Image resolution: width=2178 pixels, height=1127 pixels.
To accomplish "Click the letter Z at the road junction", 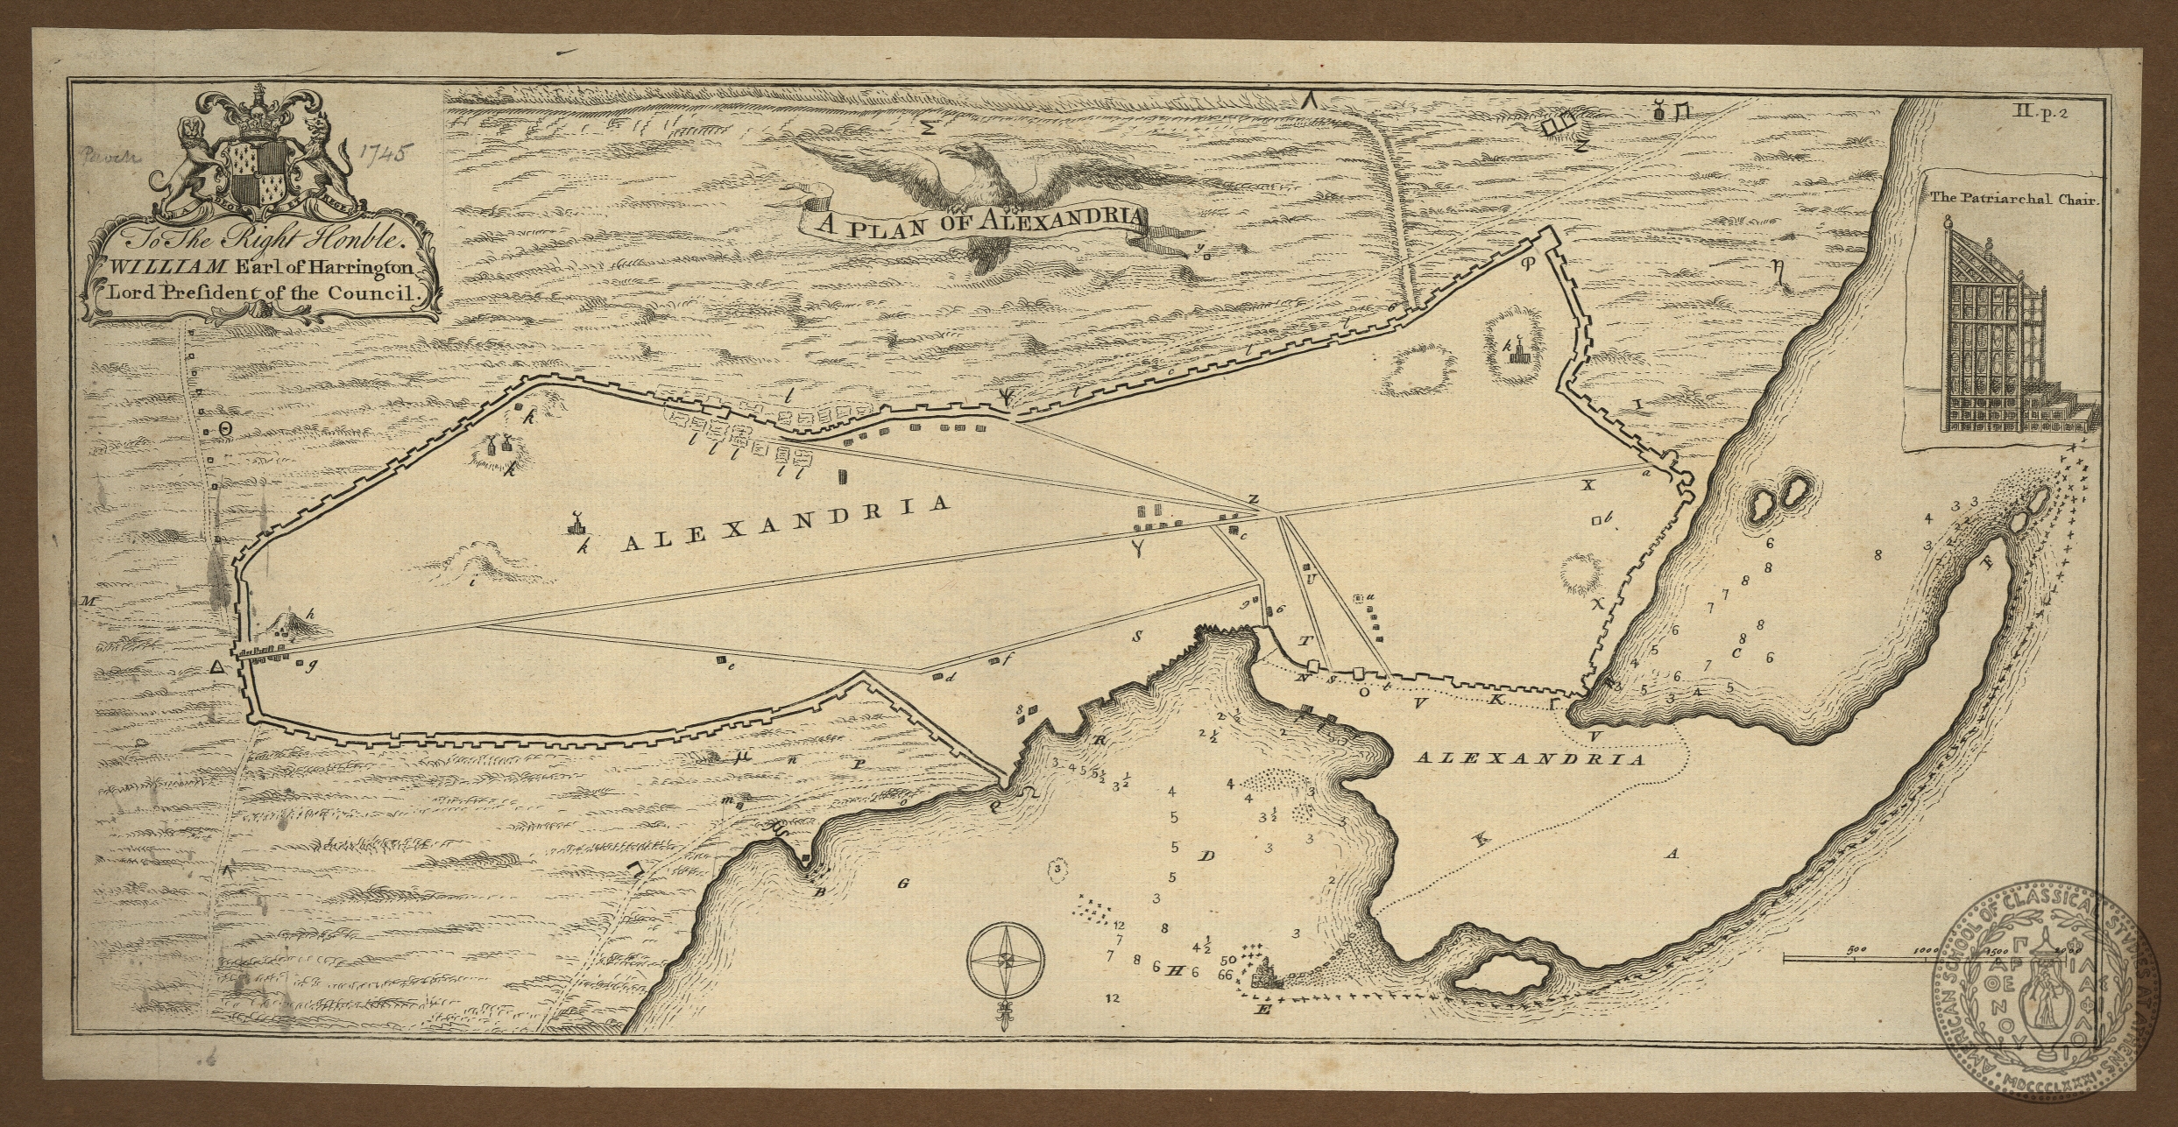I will point(1253,499).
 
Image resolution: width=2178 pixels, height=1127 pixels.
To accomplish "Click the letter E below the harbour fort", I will point(1262,1011).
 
